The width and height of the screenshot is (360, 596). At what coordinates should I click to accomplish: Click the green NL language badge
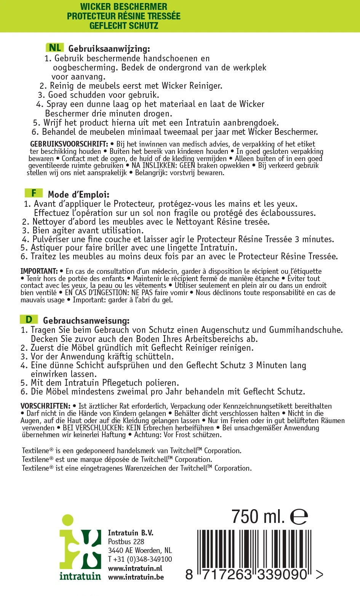click(x=54, y=47)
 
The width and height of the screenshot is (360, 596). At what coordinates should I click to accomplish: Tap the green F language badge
click(x=34, y=193)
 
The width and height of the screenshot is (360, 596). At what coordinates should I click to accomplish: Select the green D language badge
click(x=29, y=319)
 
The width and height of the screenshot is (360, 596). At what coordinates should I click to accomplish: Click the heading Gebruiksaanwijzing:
click(x=109, y=49)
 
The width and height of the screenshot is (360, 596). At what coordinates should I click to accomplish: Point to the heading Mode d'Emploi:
click(x=78, y=195)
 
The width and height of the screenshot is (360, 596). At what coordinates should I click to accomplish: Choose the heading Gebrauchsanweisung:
click(x=86, y=321)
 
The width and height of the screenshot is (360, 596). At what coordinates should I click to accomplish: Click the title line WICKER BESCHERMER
click(x=124, y=7)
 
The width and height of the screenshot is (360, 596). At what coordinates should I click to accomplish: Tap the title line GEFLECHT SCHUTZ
click(x=124, y=26)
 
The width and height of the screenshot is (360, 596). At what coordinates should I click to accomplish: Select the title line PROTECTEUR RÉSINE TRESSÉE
click(x=124, y=16)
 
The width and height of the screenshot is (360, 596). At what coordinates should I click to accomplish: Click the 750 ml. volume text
click(x=258, y=517)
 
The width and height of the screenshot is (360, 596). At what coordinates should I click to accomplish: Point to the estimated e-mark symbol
click(x=299, y=517)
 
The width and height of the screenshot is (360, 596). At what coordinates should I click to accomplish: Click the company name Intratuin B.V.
click(x=131, y=533)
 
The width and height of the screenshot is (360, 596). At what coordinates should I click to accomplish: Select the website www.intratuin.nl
click(x=135, y=568)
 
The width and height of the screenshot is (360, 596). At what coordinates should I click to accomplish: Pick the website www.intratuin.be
click(x=136, y=577)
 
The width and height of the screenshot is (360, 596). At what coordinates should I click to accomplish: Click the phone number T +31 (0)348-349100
click(x=140, y=559)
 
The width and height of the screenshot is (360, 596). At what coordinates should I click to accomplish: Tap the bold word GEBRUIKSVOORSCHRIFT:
click(x=69, y=144)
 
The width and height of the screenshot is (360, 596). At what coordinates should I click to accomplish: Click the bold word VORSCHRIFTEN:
click(x=45, y=406)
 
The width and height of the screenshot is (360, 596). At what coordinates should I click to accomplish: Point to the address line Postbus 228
click(x=126, y=542)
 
